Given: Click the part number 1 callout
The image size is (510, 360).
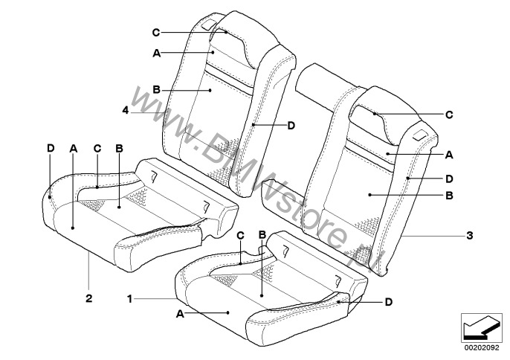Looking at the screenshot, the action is click(130, 299).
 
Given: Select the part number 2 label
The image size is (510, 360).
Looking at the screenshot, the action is click(88, 298).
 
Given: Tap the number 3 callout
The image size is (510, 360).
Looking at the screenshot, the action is click(469, 235).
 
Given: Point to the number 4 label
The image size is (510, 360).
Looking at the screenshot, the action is click(126, 110).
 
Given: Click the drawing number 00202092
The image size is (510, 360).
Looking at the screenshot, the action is click(482, 348).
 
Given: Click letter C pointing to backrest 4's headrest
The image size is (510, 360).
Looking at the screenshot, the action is click(156, 33).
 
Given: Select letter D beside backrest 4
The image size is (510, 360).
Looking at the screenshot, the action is click(291, 125).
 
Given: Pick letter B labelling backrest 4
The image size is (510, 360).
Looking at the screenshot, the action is click(156, 89).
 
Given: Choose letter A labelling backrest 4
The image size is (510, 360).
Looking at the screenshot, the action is click(157, 53).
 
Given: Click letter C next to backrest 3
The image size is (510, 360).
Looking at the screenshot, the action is click(449, 115).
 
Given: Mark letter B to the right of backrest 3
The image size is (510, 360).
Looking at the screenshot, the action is click(449, 196).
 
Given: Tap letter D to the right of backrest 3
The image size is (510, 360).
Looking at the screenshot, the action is click(449, 179).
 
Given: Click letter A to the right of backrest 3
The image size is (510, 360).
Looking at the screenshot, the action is click(449, 155).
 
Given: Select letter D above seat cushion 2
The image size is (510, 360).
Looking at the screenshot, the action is click(51, 149).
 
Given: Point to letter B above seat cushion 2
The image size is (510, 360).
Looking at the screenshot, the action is click(120, 149).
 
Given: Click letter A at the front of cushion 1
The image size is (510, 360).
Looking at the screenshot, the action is click(180, 314).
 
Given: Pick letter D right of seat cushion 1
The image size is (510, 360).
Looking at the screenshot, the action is click(389, 303).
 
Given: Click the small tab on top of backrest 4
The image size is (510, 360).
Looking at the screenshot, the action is click(207, 26).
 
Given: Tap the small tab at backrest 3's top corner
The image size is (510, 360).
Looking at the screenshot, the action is click(422, 135).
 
